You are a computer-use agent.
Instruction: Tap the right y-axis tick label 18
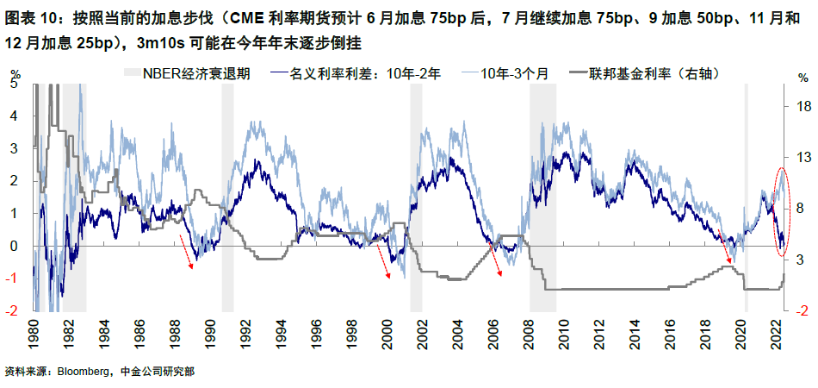tap(802, 106)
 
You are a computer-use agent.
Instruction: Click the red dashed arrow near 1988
tap(186, 249)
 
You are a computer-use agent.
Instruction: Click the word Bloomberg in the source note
tap(82, 372)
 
